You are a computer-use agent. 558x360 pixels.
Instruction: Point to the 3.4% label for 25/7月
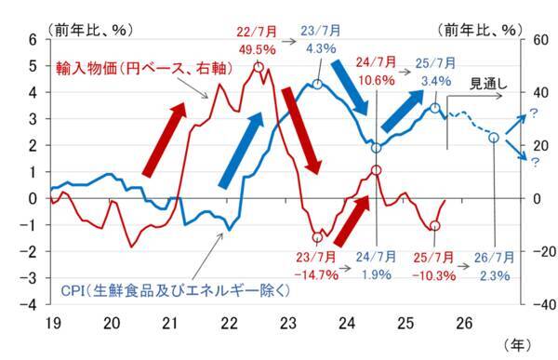click(x=434, y=80)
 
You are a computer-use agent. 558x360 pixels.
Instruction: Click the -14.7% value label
click(x=316, y=275)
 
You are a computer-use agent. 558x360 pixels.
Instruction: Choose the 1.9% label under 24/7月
click(x=375, y=275)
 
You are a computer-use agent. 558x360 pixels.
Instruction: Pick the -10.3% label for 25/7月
click(x=433, y=275)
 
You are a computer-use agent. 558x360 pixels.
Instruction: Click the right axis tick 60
click(x=536, y=40)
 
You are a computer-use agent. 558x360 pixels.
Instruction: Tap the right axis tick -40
click(x=536, y=304)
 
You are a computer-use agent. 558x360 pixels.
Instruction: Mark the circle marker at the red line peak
click(x=258, y=67)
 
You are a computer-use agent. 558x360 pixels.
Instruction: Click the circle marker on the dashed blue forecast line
click(x=493, y=138)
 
